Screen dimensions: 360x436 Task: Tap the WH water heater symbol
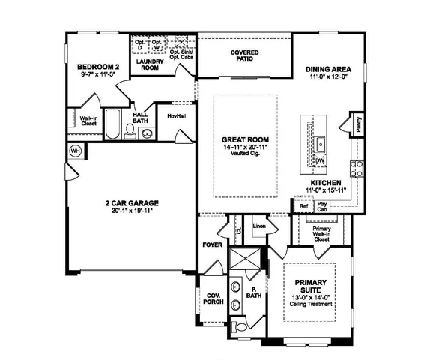[x=75, y=151]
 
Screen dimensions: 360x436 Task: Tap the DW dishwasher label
[x=319, y=160]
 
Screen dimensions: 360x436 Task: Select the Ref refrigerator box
[x=303, y=205]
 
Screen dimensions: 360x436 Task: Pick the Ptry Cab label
[x=323, y=205]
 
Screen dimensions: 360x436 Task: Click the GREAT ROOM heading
[x=245, y=140]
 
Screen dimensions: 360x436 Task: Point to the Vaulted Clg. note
[x=245, y=154]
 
